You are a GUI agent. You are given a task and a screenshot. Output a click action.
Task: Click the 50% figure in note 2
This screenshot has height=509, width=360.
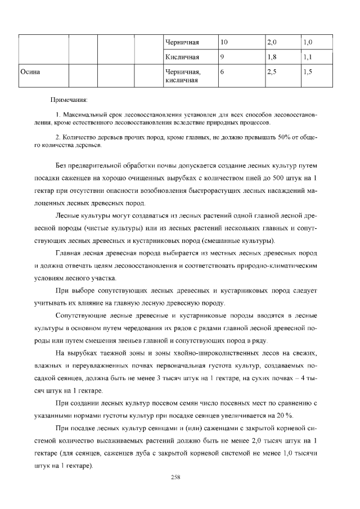(x=287, y=137)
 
